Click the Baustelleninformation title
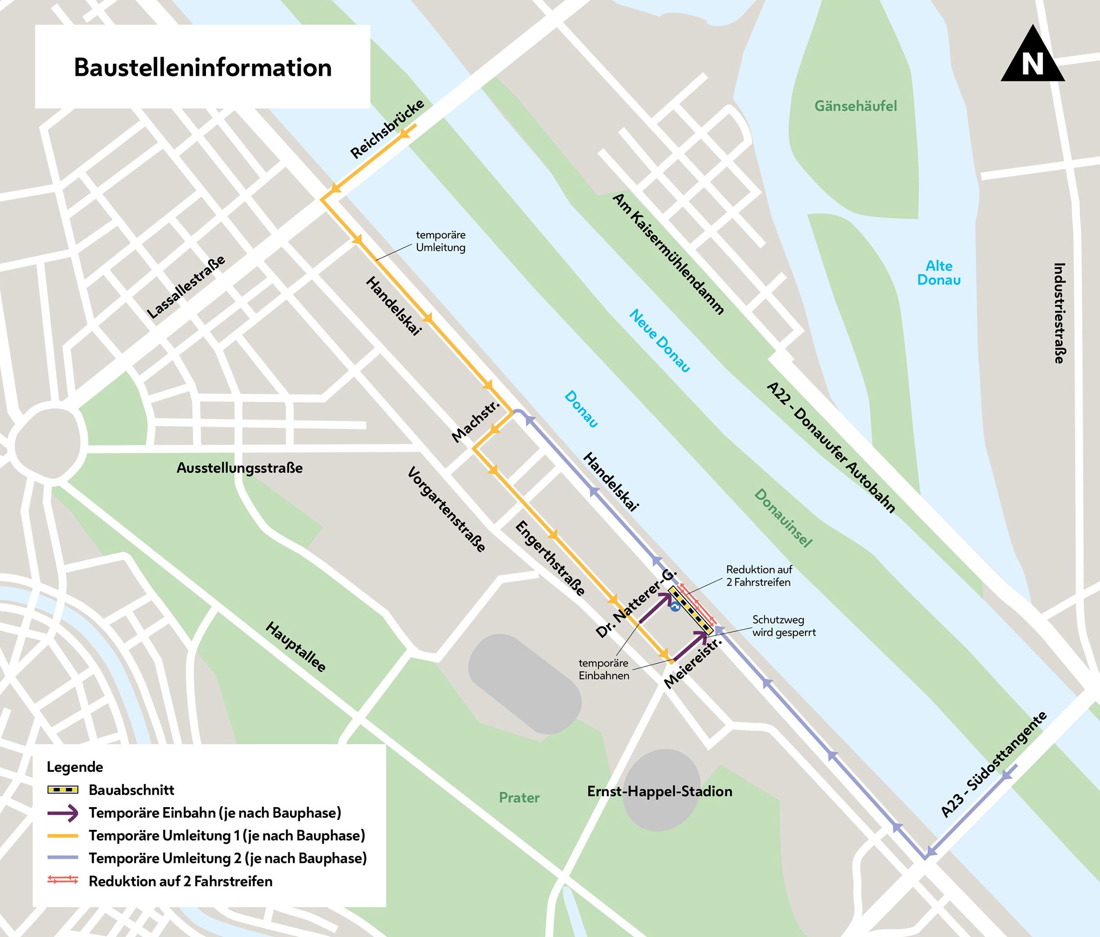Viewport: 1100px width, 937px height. pos(203,67)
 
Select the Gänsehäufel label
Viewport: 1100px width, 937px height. pos(855,106)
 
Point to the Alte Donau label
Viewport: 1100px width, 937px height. pos(938,273)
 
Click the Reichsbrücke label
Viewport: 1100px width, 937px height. pos(387,129)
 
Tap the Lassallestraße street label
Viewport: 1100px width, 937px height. pos(186,287)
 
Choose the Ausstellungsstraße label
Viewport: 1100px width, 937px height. pos(239,468)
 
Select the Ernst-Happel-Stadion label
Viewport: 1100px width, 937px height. pos(660,791)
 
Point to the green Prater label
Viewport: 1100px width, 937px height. pos(519,798)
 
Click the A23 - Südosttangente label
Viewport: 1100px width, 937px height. pos(993,765)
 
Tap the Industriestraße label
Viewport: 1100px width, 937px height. pos(1059,313)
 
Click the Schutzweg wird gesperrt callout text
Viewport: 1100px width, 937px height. pos(783,626)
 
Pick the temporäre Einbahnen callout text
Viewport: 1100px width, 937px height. pos(604,669)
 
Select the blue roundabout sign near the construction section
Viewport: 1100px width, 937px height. pos(675,606)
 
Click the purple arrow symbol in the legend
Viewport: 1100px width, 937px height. pos(62,813)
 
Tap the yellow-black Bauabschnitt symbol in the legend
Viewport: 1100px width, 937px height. pos(62,790)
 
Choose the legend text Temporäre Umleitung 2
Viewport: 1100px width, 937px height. pos(227,858)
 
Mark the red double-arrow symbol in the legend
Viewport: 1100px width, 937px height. pos(62,881)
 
